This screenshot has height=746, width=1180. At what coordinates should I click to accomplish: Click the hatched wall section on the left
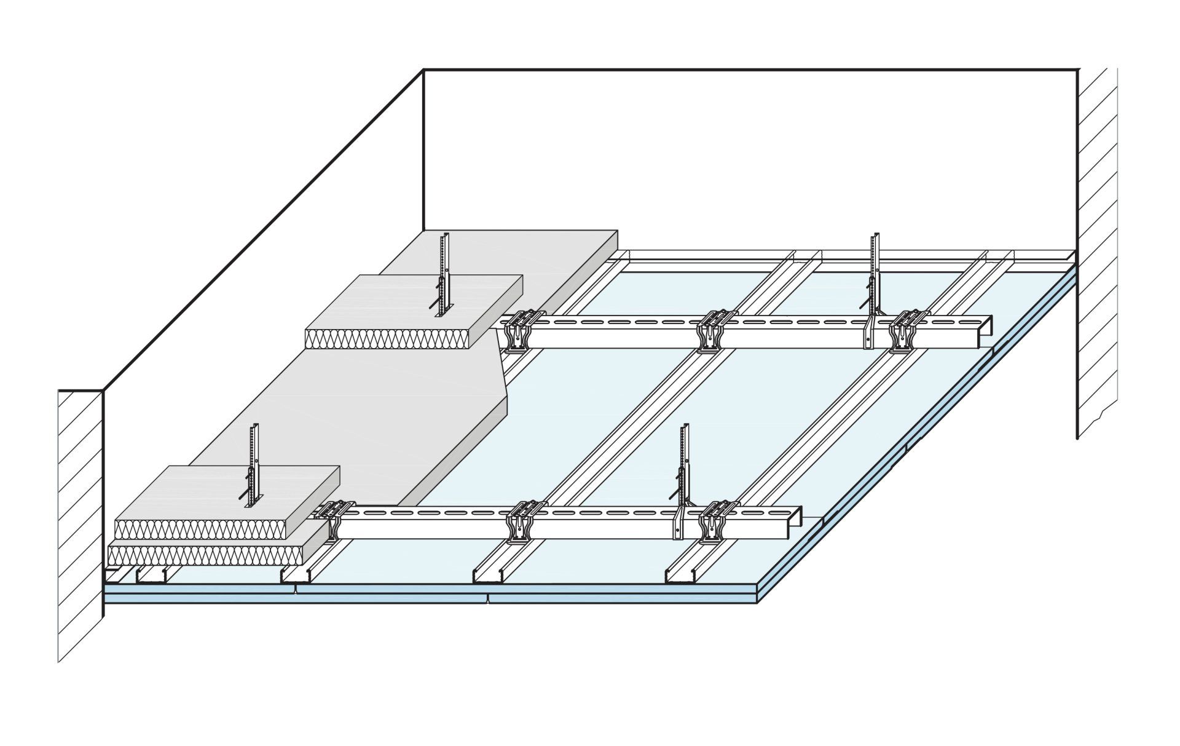tap(80, 523)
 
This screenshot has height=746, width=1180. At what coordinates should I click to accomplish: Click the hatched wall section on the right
tap(1097, 246)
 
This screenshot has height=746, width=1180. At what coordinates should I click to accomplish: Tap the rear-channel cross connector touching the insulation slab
tap(519, 332)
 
